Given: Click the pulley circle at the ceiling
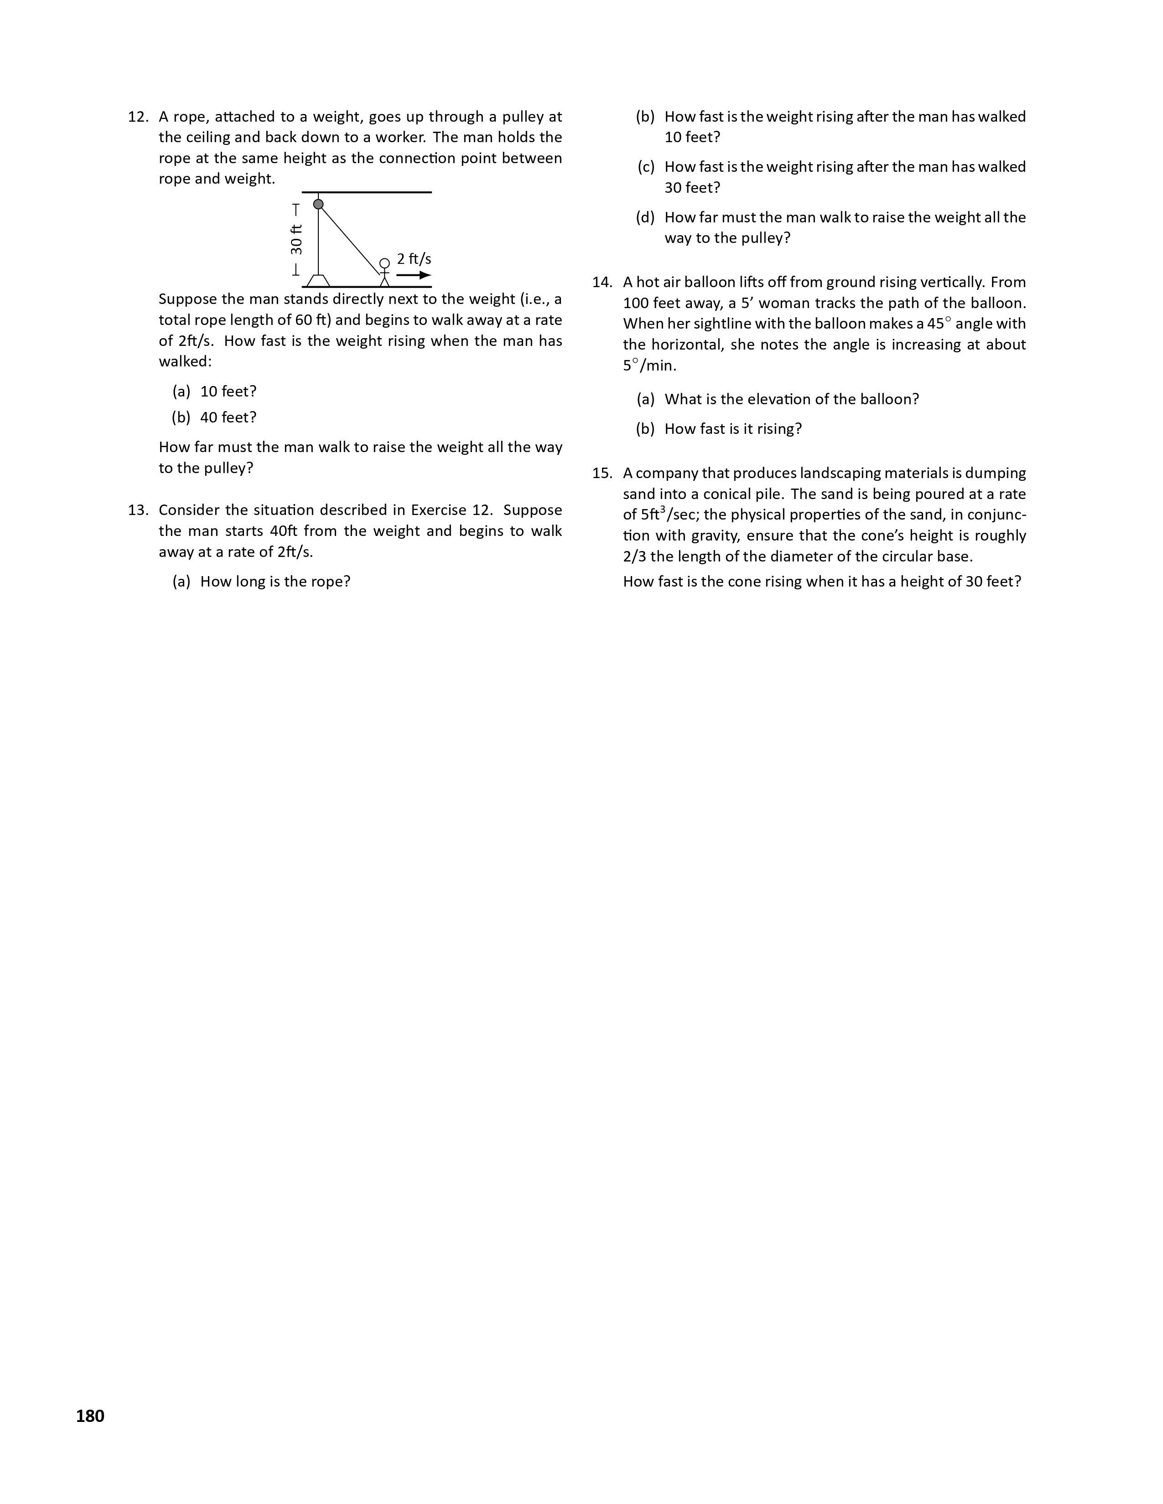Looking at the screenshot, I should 318,204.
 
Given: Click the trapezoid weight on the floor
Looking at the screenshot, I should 318,280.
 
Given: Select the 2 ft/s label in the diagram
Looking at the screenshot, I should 414,259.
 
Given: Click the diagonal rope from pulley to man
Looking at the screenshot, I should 350,240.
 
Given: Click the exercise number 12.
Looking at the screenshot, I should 138,117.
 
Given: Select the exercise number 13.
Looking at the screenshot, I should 138,510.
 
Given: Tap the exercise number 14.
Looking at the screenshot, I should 602,283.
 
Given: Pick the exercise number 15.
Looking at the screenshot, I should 602,473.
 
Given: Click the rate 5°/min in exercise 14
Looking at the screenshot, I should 649,366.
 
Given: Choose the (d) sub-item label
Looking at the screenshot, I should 645,217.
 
